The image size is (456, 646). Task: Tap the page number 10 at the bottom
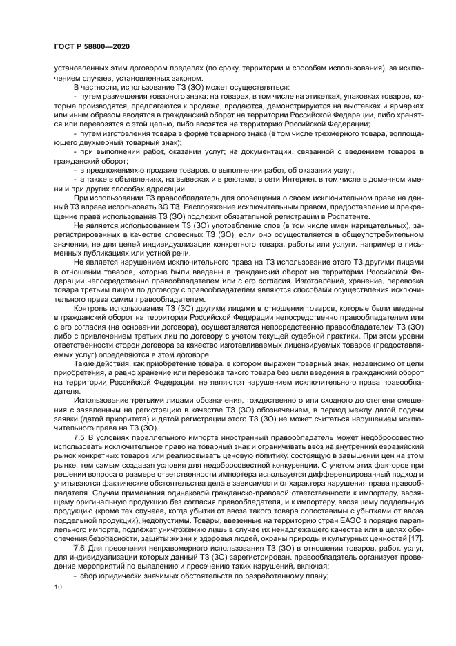(x=57, y=587)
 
